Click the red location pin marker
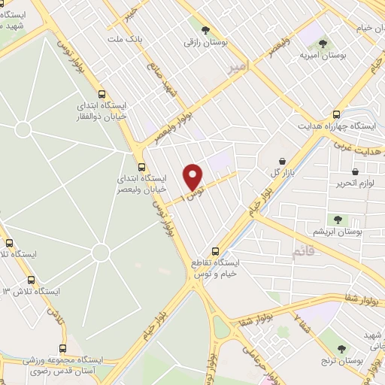[x=193, y=177]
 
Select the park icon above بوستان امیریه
[x=324, y=44]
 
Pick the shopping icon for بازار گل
[x=282, y=161]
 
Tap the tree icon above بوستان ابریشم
[x=337, y=220]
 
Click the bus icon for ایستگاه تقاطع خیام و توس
[x=216, y=252]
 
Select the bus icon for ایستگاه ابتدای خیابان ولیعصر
[x=141, y=167]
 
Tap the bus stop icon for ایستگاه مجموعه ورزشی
[x=63, y=349]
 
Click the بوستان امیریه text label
[x=323, y=56]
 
